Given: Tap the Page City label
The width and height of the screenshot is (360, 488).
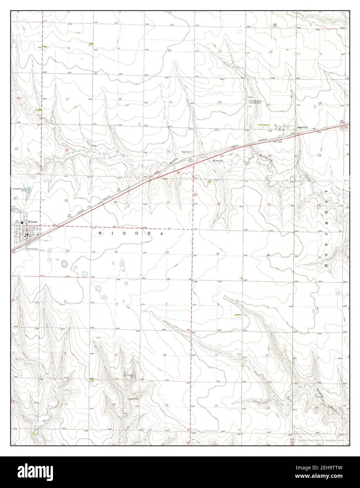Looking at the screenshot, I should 302,128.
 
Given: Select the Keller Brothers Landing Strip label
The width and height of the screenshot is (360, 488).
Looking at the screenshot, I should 255,102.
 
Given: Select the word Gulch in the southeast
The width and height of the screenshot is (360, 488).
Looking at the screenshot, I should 332,410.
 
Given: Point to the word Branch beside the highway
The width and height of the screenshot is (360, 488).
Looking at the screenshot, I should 218,160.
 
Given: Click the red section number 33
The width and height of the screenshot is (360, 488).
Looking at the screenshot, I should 116,252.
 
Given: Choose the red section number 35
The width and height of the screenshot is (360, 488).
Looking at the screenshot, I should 218,254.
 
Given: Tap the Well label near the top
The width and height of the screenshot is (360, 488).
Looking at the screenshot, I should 275,24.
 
